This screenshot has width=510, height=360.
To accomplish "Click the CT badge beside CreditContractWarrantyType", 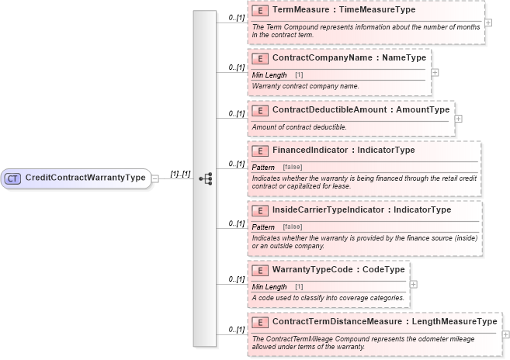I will tap(13, 178).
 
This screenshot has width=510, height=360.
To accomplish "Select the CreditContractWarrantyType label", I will tap(85, 178).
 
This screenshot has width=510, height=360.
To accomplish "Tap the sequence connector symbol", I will tap(206, 178).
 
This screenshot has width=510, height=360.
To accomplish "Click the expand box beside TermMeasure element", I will tap(487, 22).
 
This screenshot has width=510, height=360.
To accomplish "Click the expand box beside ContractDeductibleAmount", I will tap(458, 119).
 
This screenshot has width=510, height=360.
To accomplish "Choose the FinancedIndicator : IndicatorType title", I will tap(344, 151).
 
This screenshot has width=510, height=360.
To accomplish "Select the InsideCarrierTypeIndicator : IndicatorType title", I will tap(362, 210).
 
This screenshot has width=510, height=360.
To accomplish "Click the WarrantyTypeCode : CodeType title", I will tap(338, 269).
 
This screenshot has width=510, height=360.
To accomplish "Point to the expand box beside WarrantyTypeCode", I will tap(413, 283).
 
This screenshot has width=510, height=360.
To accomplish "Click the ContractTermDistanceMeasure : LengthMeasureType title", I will tap(385, 321).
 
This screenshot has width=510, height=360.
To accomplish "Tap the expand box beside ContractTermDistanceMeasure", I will tap(505, 334).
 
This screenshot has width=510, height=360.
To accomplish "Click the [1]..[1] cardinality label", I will tap(180, 174).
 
